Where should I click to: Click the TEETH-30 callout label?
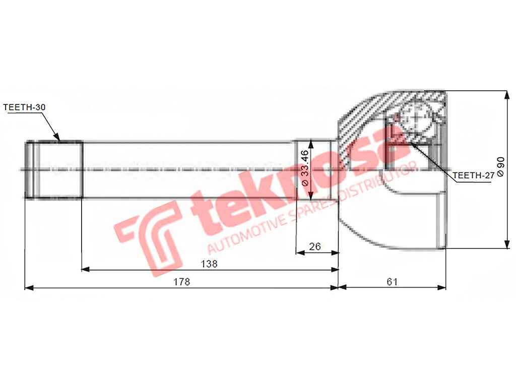(x=24, y=107)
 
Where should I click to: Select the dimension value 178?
(x=182, y=282)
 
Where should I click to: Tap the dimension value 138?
(x=209, y=264)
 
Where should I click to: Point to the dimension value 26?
(x=315, y=246)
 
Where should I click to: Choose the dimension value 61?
(x=392, y=282)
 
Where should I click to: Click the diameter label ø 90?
(x=500, y=167)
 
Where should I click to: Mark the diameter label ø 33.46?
(x=303, y=168)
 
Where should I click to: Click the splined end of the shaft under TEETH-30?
(x=54, y=169)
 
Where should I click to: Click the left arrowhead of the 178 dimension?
(x=28, y=288)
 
